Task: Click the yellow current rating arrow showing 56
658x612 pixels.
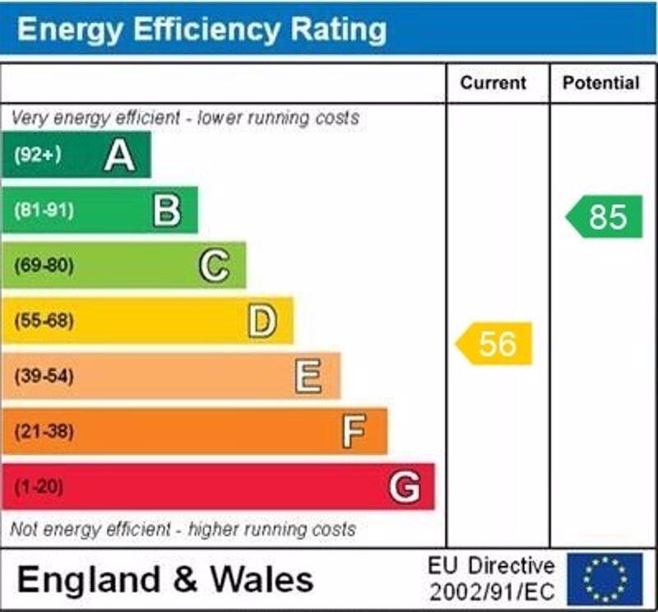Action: pos(495,344)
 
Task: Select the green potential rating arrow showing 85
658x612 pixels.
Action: pos(605,217)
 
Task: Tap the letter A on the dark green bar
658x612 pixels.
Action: pos(119,155)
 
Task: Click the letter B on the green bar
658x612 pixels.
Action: pos(167,211)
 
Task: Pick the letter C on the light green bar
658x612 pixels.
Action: pos(214,266)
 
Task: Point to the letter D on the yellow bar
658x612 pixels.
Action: pos(262,321)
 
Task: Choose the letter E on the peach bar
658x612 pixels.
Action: pos(308,376)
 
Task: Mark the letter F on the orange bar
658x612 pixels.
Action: pos(354,431)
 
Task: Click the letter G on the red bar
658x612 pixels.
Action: pos(404,487)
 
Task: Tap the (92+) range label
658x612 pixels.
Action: pos(37,155)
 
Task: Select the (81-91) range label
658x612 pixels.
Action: pos(44,211)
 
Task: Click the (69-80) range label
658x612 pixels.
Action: pos(44,266)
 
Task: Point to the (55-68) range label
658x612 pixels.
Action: pos(44,321)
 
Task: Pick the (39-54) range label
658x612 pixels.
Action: pos(44,376)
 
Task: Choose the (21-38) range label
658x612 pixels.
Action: pos(44,431)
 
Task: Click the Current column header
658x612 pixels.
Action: pos(493,83)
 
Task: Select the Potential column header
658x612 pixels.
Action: pos(600,83)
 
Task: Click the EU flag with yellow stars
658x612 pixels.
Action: pos(605,579)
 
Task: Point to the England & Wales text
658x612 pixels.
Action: pos(165,580)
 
